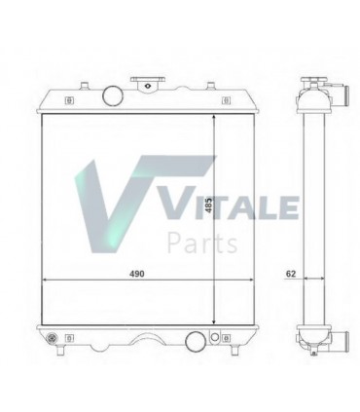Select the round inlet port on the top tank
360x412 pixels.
[x=110, y=97]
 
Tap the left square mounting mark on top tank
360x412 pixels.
[x=67, y=98]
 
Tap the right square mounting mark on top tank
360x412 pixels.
[x=224, y=98]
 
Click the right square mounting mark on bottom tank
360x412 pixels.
[x=226, y=339]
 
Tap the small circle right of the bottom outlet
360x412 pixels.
[x=211, y=340]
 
